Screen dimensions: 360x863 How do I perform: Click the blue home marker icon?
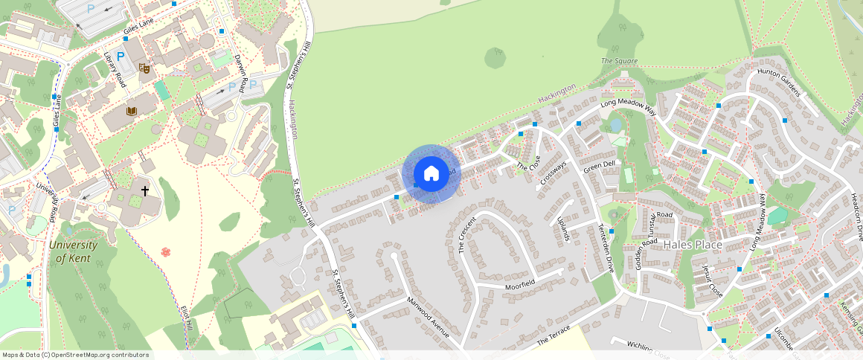coord(431,174)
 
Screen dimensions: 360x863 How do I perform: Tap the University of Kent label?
coord(74,251)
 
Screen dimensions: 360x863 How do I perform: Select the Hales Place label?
coord(693,244)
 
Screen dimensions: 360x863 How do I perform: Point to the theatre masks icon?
coord(145,68)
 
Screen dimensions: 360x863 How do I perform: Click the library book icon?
coord(132,112)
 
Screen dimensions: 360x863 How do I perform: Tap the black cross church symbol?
coord(145,191)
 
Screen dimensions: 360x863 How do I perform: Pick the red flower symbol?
coord(166,252)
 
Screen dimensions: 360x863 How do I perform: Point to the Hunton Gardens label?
coord(778,83)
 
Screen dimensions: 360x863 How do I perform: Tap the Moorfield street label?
coord(519,284)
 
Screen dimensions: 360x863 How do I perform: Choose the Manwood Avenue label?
coord(429,318)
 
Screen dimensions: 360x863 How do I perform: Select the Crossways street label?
coord(554,173)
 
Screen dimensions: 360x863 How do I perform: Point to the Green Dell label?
coord(599,166)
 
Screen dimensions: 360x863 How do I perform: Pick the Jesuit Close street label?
coord(712,279)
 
